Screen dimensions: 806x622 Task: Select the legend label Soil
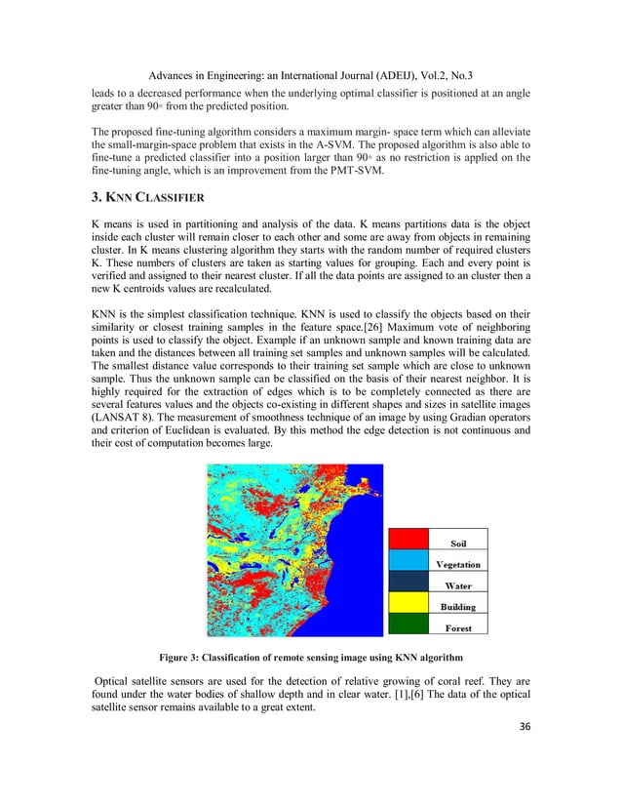[457, 544]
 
